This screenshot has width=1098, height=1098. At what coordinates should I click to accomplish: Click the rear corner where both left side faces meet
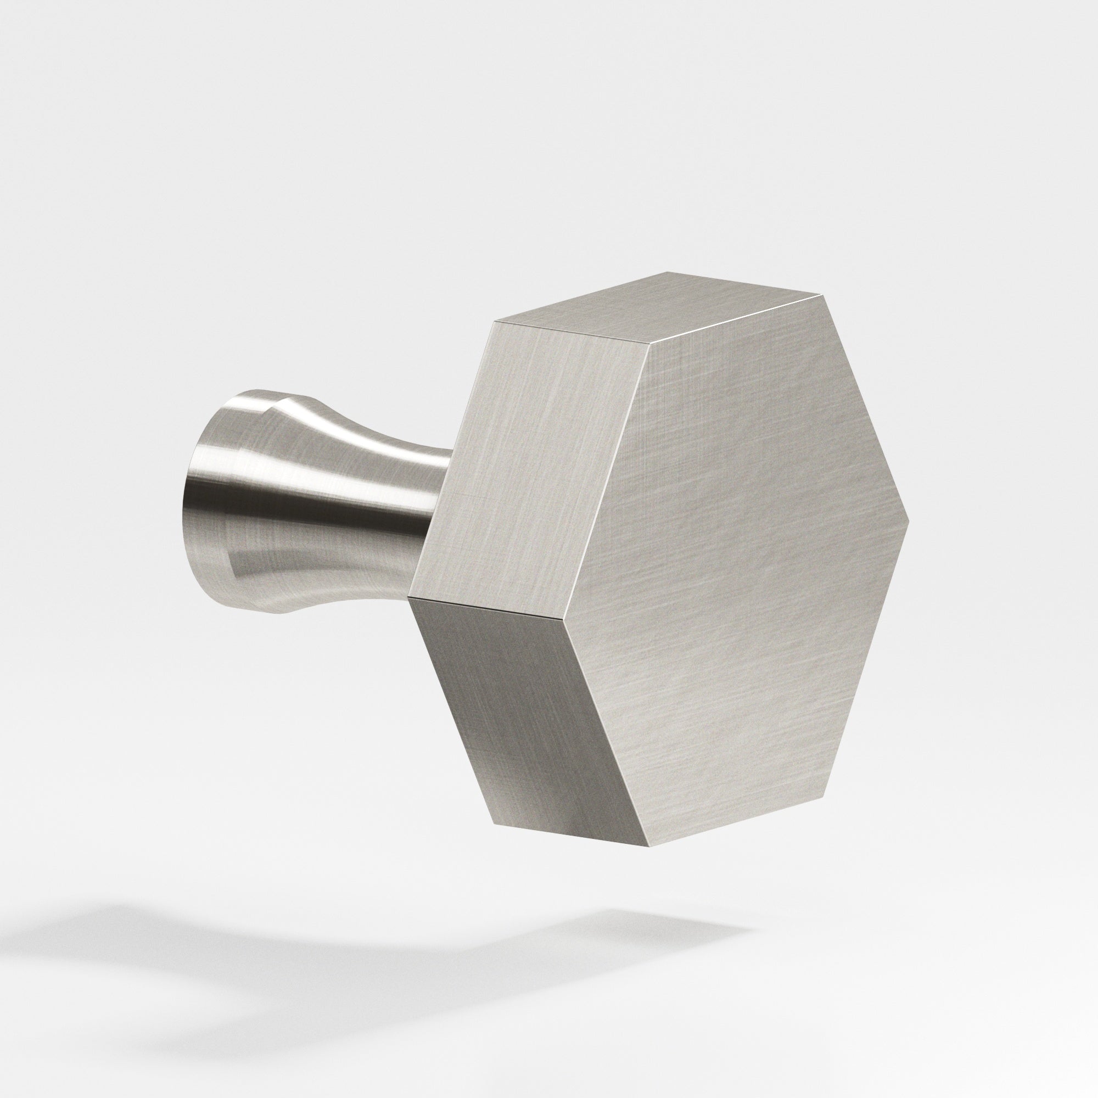coord(409,598)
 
